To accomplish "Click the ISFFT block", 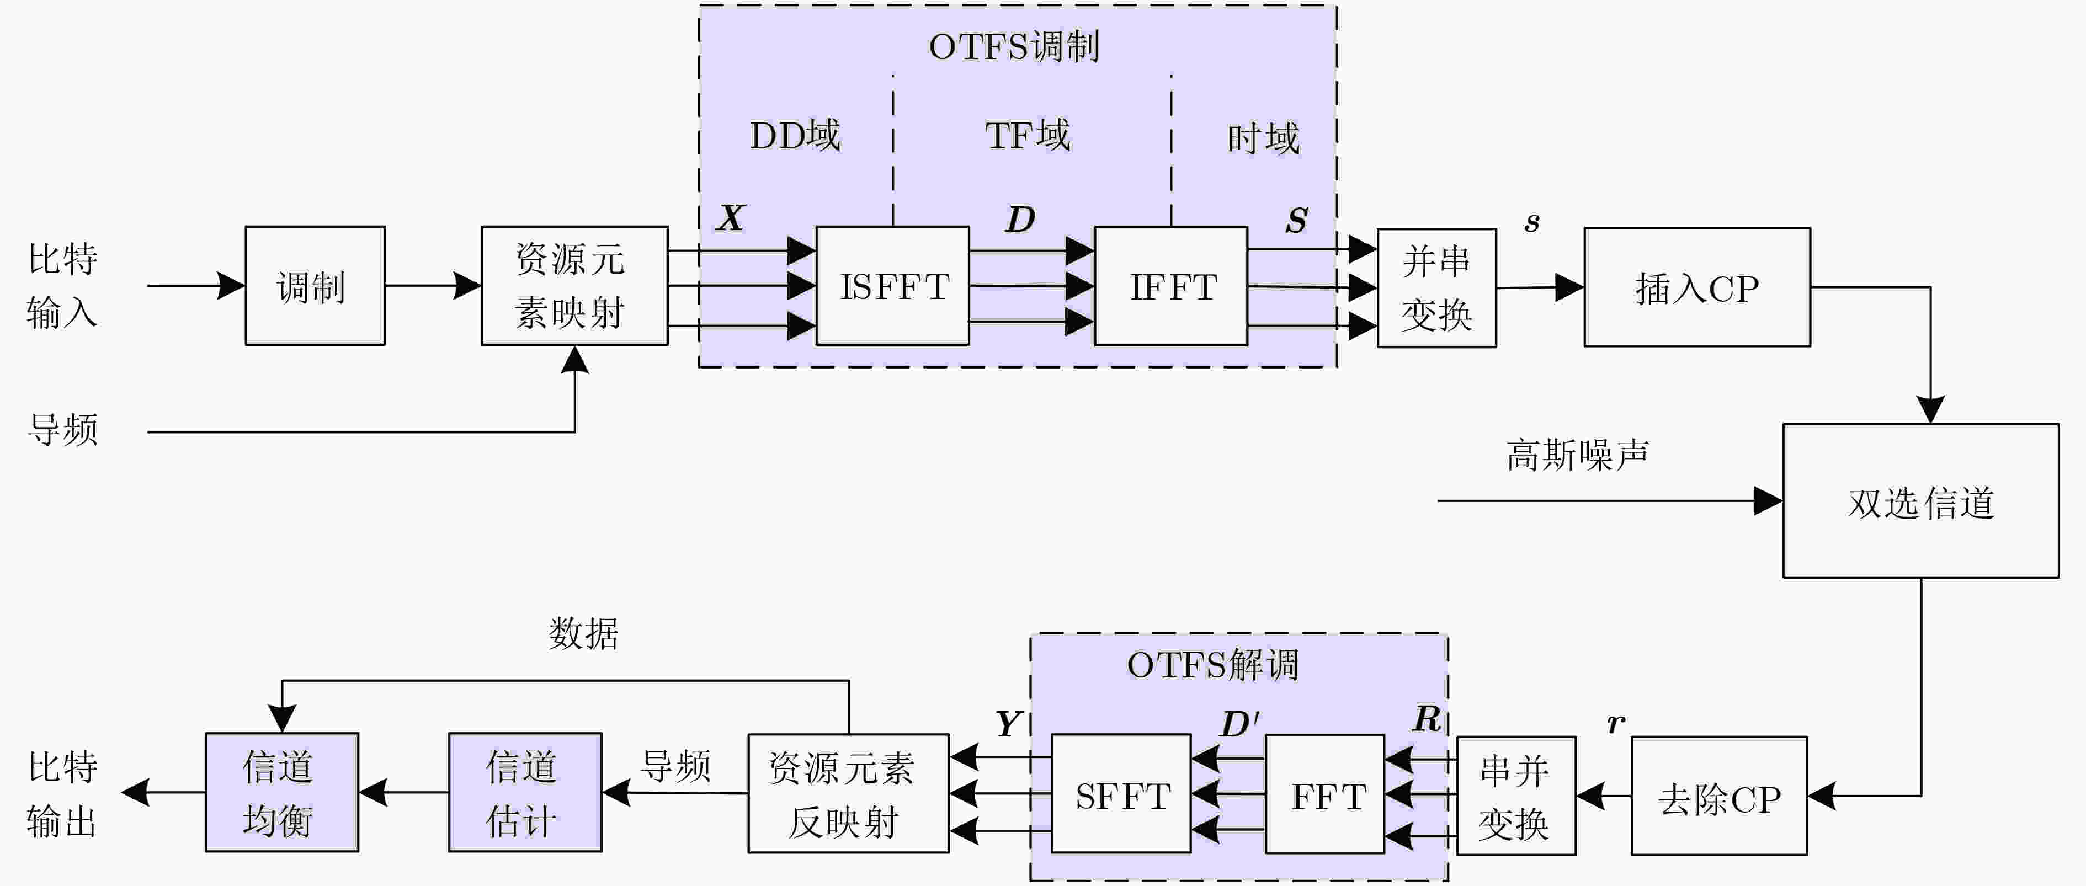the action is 892,286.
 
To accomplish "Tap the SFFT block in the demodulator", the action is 1121,794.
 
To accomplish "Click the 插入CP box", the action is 1697,287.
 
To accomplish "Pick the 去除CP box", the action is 1719,796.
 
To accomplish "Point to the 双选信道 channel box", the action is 1921,500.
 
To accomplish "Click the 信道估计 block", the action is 525,792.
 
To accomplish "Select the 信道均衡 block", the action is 282,792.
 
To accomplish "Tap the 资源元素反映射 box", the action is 848,794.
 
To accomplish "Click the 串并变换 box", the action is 1516,796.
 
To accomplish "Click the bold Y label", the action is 1008,723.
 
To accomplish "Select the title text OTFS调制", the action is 1014,46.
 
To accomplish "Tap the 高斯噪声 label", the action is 1577,455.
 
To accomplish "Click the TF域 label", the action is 1028,135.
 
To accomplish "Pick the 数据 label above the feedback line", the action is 583,633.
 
